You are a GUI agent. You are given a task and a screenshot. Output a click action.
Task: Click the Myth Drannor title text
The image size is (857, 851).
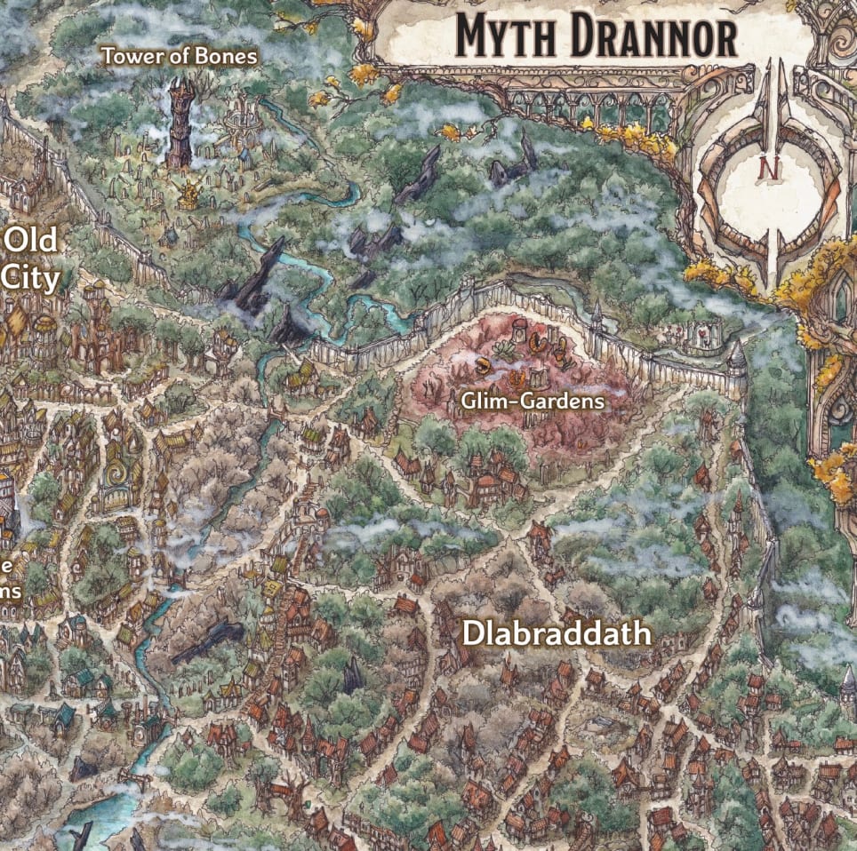pos(596,37)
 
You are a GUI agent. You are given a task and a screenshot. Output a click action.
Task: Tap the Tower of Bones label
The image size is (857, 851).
pos(180,57)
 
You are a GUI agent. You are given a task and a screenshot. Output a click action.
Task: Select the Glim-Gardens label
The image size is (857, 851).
pos(533,402)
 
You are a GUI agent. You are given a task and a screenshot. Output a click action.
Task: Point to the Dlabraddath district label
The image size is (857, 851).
pos(557,634)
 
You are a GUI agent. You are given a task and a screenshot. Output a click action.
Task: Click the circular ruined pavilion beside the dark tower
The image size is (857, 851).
pos(237,124)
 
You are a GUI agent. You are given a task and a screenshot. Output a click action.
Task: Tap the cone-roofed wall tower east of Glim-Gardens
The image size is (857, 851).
pos(736,360)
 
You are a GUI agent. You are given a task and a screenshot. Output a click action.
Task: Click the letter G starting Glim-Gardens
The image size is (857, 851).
pos(468,402)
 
